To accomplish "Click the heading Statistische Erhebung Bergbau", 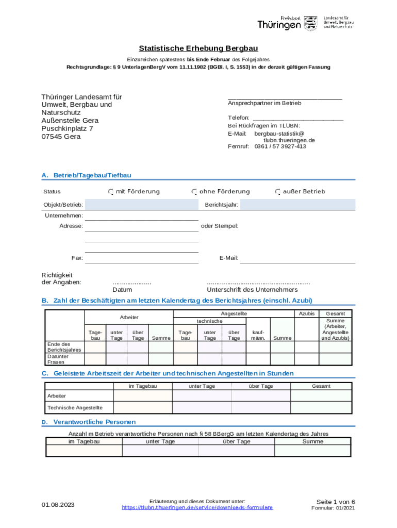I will tap(198, 48).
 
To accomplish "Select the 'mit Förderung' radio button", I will tap(111, 192).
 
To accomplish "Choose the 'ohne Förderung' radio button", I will tap(194, 192).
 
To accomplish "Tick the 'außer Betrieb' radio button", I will tap(278, 192).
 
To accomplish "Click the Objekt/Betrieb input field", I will tap(141, 205).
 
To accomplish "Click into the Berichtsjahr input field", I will tap(297, 205).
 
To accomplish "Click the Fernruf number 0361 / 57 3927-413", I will tap(280, 146).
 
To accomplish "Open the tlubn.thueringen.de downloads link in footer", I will tap(197, 508).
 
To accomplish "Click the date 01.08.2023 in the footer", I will tap(58, 504).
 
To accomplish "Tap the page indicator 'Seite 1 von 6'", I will tap(336, 502).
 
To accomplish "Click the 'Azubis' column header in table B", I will tap(306, 313).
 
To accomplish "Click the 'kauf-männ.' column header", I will tap(258, 335).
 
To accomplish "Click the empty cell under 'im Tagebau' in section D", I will tap(84, 451).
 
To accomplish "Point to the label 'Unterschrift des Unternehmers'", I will tap(252, 290).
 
